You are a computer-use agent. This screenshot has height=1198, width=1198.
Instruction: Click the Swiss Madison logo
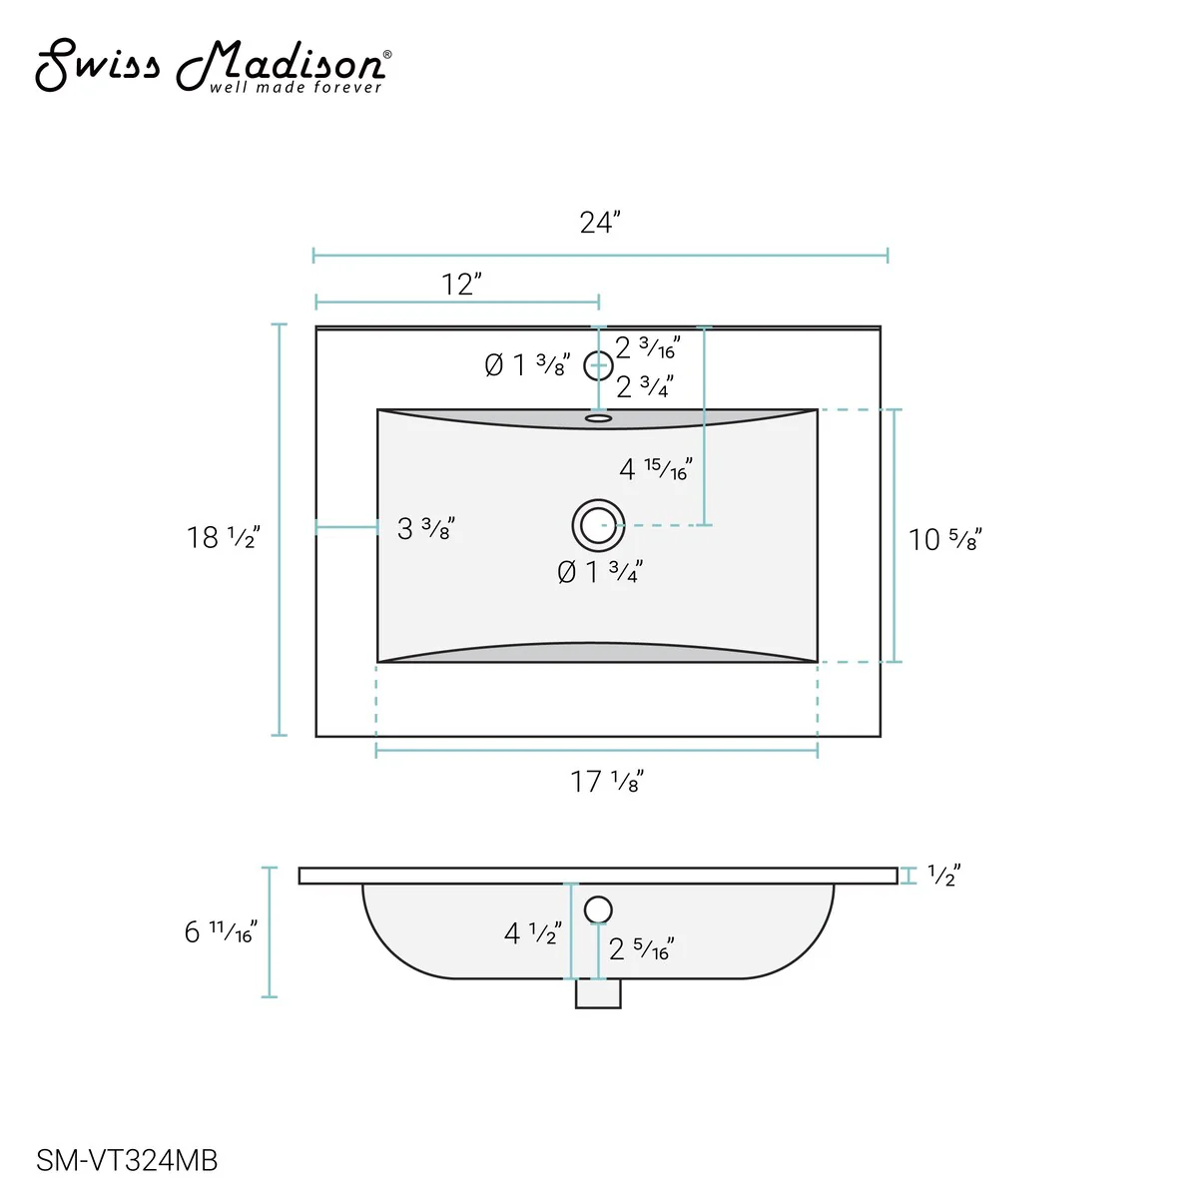[212, 67]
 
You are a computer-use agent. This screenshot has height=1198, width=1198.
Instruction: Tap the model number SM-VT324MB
[127, 1160]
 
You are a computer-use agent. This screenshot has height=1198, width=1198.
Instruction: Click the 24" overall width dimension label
[600, 222]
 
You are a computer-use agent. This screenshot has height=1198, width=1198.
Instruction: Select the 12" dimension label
[461, 285]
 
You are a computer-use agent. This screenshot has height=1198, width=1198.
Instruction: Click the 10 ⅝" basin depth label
[944, 539]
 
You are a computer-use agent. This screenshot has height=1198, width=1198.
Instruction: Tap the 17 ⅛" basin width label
[607, 781]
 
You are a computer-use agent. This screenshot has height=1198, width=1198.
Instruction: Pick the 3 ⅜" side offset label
[426, 528]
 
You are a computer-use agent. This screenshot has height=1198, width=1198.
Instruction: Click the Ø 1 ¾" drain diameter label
[600, 572]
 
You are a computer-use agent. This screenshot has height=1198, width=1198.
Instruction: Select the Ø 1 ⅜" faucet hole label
[527, 365]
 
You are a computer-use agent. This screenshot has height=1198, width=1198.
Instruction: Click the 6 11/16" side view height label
[221, 931]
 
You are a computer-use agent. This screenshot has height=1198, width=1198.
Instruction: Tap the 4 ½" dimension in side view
[532, 933]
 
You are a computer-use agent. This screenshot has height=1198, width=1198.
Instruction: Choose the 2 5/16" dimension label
[641, 948]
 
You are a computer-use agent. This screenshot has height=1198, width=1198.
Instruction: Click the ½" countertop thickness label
[943, 876]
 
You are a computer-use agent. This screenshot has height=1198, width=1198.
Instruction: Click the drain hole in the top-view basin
[599, 525]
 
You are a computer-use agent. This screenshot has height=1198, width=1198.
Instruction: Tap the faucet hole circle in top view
[598, 366]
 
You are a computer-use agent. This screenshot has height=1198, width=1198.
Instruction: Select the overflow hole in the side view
[598, 909]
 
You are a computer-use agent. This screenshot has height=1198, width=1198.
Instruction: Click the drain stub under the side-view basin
[598, 993]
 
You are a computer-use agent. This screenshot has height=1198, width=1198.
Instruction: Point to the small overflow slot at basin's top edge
[598, 418]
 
